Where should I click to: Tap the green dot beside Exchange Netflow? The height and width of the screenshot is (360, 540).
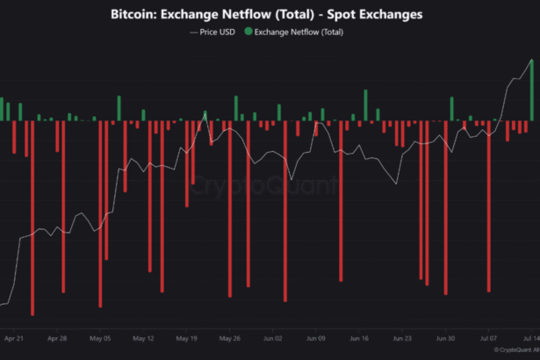(x=247, y=32)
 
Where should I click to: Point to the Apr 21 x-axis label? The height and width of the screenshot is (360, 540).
(x=14, y=337)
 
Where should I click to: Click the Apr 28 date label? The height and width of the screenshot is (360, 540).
(x=57, y=337)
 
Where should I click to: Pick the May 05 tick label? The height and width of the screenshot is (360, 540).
(x=100, y=337)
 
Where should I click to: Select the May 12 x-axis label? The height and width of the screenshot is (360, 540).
(x=143, y=337)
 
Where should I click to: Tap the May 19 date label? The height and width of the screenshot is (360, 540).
(x=186, y=337)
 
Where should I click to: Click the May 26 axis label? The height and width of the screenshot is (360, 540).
(x=229, y=337)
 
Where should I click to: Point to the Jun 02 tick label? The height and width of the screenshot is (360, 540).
(x=272, y=337)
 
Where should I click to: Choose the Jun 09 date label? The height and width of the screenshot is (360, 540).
(x=315, y=337)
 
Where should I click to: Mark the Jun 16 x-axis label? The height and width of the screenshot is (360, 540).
(x=358, y=337)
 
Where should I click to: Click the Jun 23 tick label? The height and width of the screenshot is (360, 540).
(x=401, y=337)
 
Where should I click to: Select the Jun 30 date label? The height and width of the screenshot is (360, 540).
(x=445, y=337)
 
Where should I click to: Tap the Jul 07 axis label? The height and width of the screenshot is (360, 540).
(x=488, y=337)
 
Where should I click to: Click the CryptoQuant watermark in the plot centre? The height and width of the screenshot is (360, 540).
(x=263, y=186)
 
